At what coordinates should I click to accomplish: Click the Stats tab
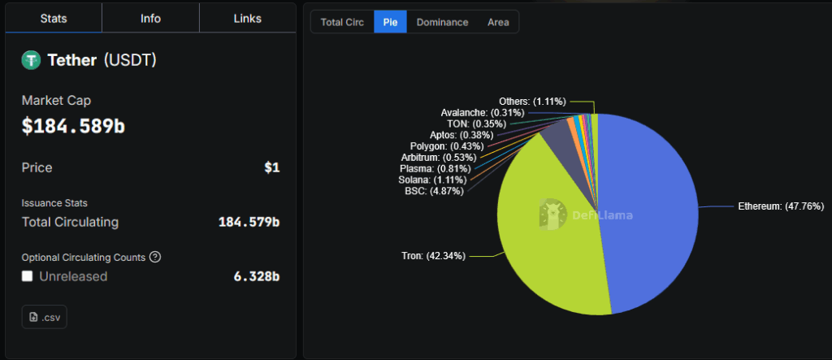pyautogui.click(x=54, y=19)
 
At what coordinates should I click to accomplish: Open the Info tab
pyautogui.click(x=150, y=19)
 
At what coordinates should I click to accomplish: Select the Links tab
pyautogui.click(x=247, y=19)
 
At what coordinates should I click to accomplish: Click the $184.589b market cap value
pyautogui.click(x=73, y=126)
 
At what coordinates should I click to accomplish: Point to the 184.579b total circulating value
pyautogui.click(x=249, y=222)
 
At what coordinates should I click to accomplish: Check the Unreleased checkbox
pyautogui.click(x=28, y=276)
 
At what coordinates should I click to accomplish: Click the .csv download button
pyautogui.click(x=44, y=317)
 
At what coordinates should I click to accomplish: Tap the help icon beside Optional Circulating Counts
pyautogui.click(x=155, y=257)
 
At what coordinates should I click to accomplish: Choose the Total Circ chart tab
pyautogui.click(x=342, y=22)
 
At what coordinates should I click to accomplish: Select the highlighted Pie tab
pyautogui.click(x=390, y=22)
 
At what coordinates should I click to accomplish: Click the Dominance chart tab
pyautogui.click(x=442, y=22)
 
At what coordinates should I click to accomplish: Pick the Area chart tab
pyautogui.click(x=498, y=22)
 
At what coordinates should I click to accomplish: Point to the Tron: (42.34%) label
pyautogui.click(x=434, y=256)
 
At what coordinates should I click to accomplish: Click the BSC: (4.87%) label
pyautogui.click(x=434, y=191)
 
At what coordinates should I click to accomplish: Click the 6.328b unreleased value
pyautogui.click(x=256, y=276)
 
